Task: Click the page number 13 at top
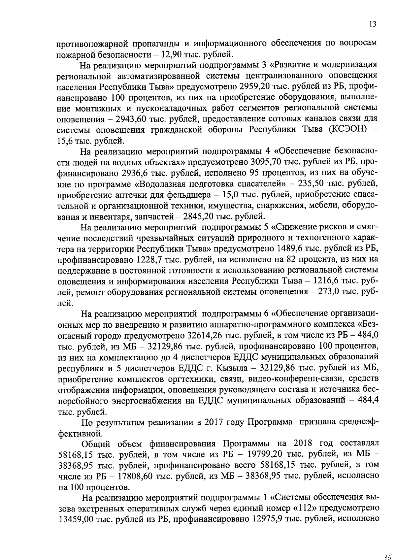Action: pos(373,24)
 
